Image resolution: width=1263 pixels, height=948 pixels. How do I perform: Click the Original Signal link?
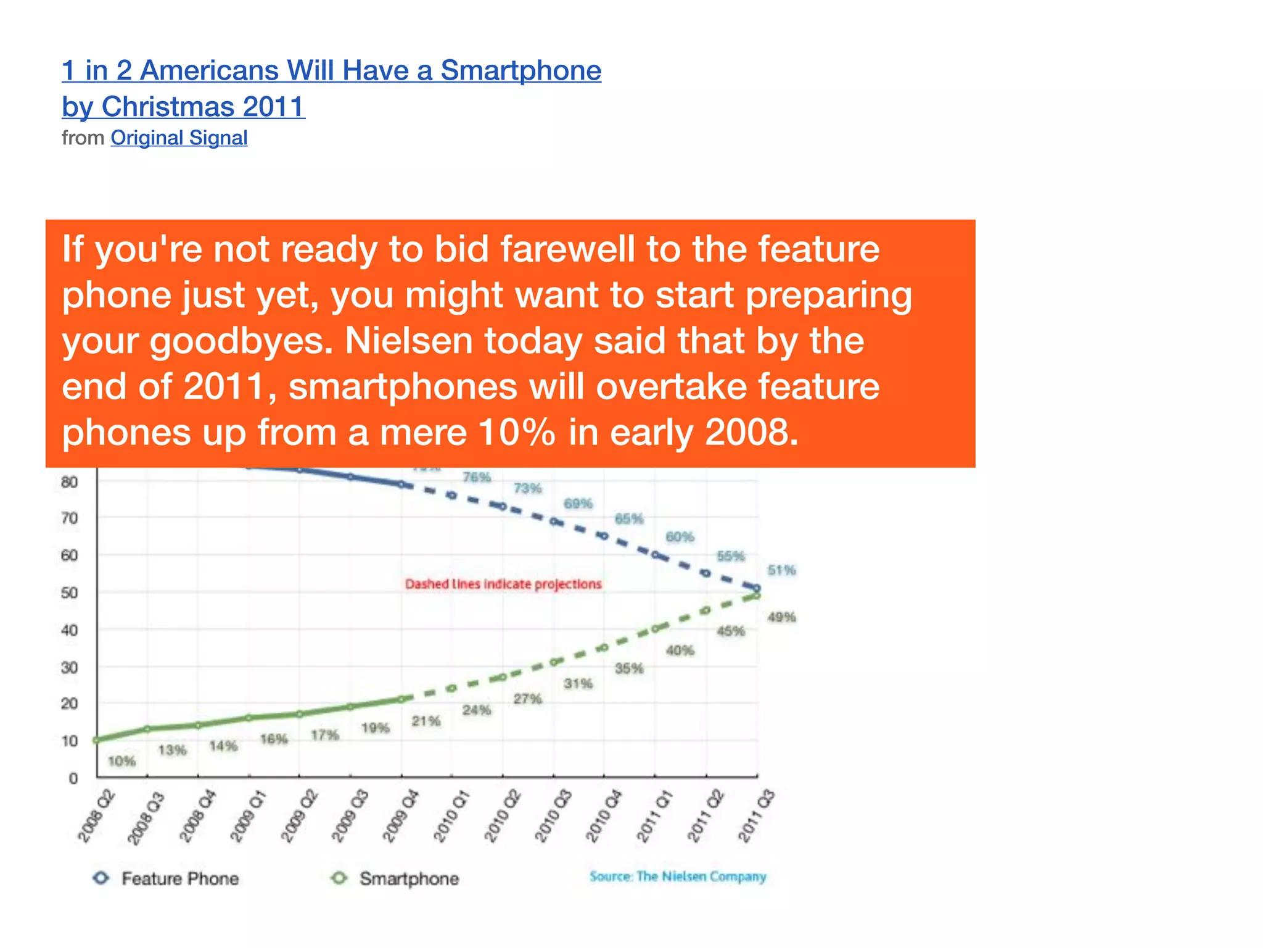click(x=179, y=138)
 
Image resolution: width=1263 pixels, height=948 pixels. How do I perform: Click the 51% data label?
click(x=781, y=570)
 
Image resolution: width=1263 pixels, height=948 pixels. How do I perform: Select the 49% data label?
click(x=781, y=617)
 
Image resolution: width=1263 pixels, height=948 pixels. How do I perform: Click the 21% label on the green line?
click(x=426, y=721)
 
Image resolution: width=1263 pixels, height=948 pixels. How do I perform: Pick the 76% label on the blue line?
click(x=477, y=477)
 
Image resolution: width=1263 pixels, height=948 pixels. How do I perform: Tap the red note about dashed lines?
click(x=503, y=584)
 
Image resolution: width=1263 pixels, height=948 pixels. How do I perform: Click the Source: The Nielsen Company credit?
click(x=677, y=876)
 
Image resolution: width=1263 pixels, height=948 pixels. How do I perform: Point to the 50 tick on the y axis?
click(x=70, y=593)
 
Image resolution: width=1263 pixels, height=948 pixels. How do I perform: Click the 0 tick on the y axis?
click(x=73, y=778)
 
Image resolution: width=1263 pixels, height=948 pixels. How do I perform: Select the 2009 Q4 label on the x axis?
click(x=401, y=816)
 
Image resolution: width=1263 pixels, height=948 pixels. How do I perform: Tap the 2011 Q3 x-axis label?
click(x=756, y=816)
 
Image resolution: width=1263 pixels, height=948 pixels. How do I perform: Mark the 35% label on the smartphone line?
click(x=629, y=668)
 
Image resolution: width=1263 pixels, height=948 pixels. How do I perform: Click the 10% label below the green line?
click(x=121, y=761)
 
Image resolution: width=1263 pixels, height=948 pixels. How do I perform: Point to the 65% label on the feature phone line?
click(x=629, y=518)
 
